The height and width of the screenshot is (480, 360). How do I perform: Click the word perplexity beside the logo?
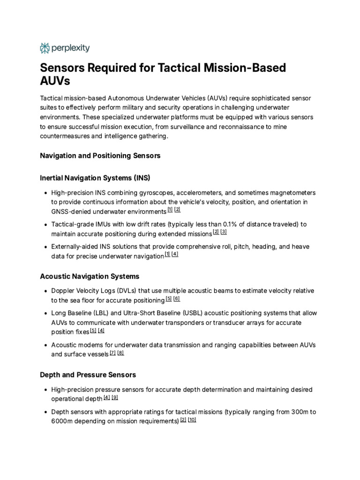(x=70, y=48)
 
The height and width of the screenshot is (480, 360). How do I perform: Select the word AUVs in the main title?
(x=55, y=81)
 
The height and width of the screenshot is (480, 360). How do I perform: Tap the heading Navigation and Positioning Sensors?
(x=100, y=156)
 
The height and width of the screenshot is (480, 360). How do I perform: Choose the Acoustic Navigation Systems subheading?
(x=90, y=276)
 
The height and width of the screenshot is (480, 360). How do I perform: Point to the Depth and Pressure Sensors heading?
(x=88, y=375)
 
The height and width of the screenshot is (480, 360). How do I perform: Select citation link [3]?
(x=224, y=232)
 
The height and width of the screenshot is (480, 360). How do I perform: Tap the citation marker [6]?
(x=177, y=299)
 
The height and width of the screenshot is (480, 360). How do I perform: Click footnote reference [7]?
(x=112, y=352)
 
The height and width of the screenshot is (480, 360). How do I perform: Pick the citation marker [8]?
(x=120, y=352)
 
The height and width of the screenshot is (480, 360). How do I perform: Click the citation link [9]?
(x=114, y=397)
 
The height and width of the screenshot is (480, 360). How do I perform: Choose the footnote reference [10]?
(x=192, y=420)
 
